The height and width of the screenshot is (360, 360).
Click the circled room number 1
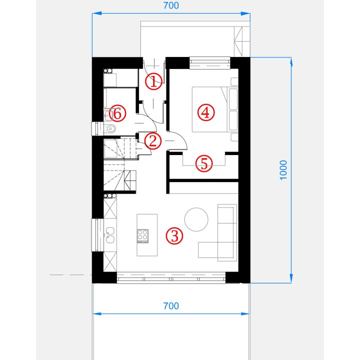click(x=153, y=81)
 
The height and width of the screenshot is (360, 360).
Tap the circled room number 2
click(x=153, y=140)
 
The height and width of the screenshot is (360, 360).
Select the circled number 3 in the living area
click(x=174, y=236)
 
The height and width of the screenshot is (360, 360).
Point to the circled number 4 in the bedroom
click(x=206, y=112)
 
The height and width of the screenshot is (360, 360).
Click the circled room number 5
click(x=204, y=163)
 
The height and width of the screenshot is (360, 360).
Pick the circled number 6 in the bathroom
click(x=117, y=113)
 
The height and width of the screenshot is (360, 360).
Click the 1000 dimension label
click(x=283, y=170)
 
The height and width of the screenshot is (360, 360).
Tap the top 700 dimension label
click(x=171, y=5)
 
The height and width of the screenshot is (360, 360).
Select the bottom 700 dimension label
click(x=171, y=306)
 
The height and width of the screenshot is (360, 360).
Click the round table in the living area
click(x=196, y=219)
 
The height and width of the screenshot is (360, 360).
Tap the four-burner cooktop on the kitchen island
click(x=142, y=236)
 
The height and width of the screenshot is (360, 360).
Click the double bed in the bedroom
click(x=215, y=109)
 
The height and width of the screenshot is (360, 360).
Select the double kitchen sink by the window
click(x=110, y=235)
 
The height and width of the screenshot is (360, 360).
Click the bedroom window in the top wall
click(x=210, y=63)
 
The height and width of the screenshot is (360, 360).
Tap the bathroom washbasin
click(x=108, y=115)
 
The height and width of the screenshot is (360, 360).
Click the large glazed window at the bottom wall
click(x=171, y=278)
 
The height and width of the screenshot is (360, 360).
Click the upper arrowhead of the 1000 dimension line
click(x=291, y=61)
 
